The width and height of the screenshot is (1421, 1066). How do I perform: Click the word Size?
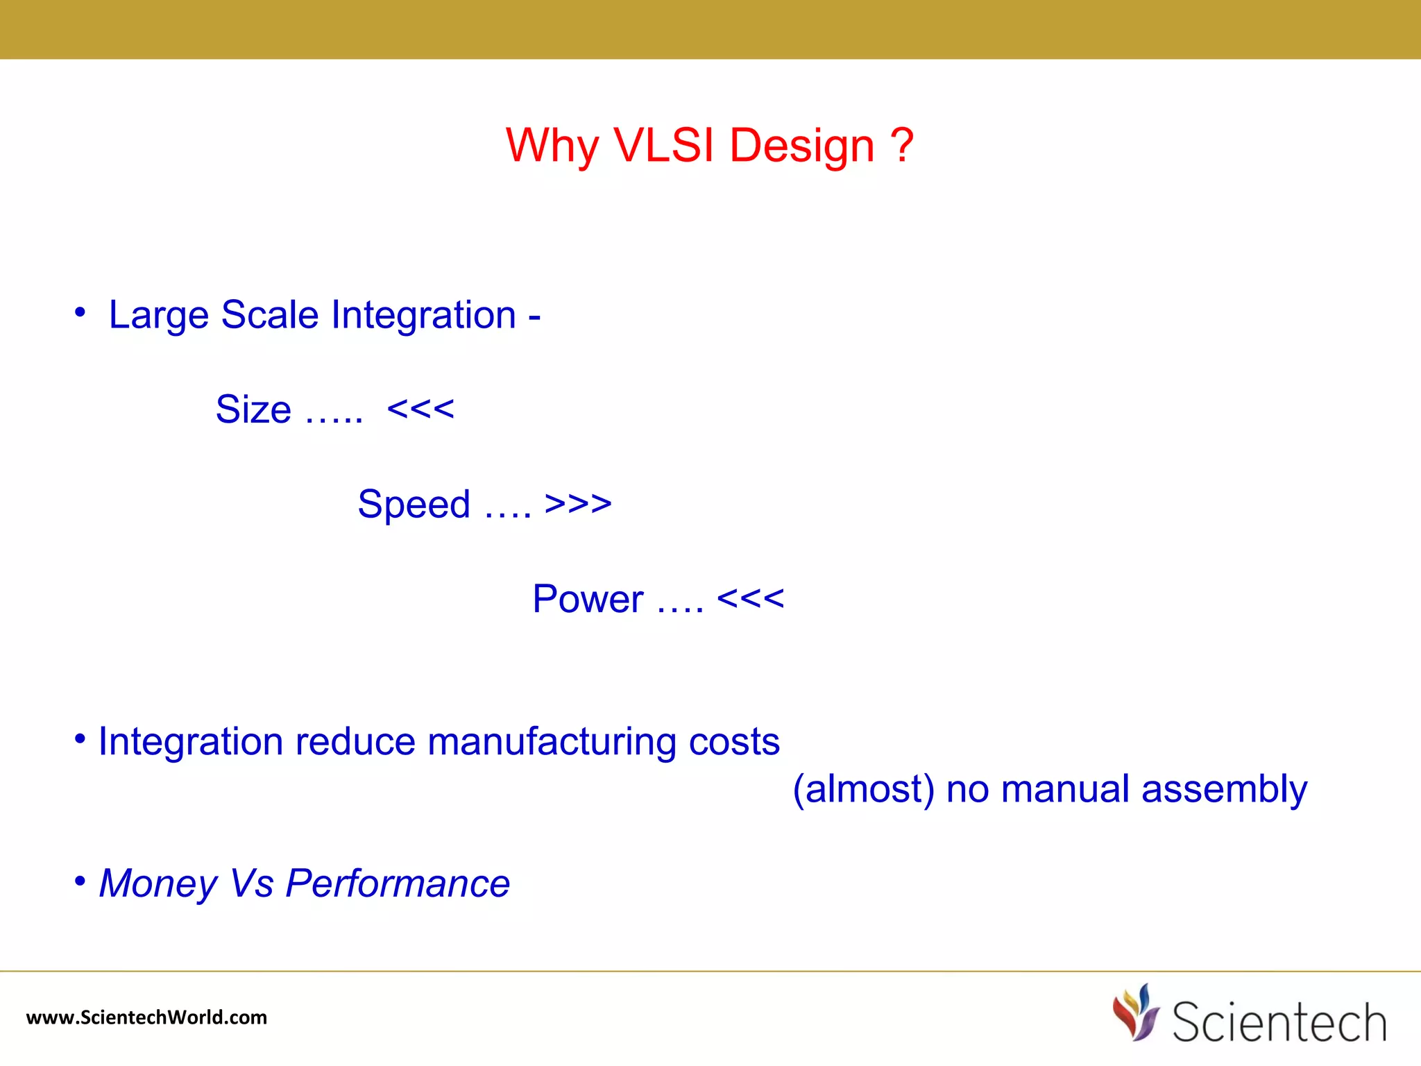tap(253, 409)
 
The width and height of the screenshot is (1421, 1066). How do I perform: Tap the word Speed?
tap(414, 505)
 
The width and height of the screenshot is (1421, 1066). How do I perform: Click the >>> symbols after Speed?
tap(578, 504)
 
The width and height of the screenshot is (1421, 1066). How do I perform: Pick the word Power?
tap(588, 599)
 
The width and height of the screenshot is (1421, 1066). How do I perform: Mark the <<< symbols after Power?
tap(750, 598)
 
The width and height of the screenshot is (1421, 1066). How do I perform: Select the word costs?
tap(734, 742)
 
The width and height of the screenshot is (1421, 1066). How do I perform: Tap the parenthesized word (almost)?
tap(863, 790)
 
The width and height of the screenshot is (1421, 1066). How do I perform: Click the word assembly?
tap(1224, 790)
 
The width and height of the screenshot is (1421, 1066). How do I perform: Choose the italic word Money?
tap(158, 884)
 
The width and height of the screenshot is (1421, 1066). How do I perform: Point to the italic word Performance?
tap(398, 884)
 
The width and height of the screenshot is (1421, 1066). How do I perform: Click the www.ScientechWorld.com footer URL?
tap(146, 1017)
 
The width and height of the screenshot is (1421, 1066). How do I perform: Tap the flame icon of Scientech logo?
tap(1135, 1013)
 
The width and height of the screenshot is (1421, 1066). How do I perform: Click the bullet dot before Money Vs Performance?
tap(80, 881)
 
